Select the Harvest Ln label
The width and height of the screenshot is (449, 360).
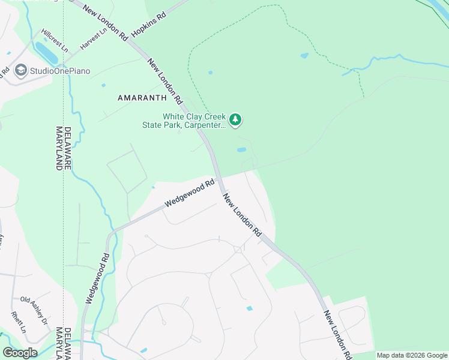93,40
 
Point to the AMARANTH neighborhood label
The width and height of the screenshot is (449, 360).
142,97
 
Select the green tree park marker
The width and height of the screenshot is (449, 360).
236,121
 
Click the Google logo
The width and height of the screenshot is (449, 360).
20,353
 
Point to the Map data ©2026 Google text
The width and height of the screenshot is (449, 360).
412,355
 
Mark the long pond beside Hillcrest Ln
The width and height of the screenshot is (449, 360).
46,53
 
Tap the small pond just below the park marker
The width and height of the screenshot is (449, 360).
241,149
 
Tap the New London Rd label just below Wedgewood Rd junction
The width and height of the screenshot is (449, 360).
243,215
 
